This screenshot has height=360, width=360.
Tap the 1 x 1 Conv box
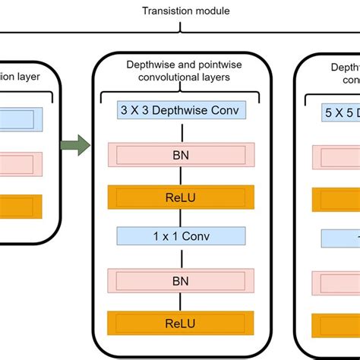click(179, 236)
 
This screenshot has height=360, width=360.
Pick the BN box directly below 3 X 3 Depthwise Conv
click(179, 155)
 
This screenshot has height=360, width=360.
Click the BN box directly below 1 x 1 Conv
click(179, 280)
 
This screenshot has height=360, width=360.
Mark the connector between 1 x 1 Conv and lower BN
click(179, 257)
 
